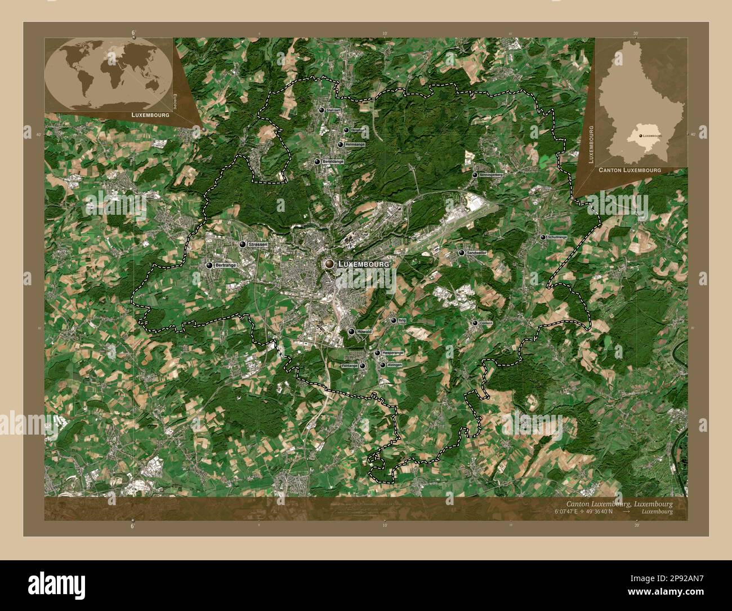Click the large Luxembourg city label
[x=364, y=264]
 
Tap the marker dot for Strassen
[x=243, y=245]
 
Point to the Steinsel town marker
[x=321, y=110]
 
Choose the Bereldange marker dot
[x=318, y=162]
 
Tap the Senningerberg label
[x=491, y=175]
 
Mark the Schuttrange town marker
[x=543, y=238]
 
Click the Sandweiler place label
[x=476, y=254]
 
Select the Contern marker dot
[x=475, y=323]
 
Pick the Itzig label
[x=402, y=320]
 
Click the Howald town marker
[x=351, y=332]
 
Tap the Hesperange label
[x=393, y=353]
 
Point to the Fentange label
[x=350, y=366]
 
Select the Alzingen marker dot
[x=383, y=365]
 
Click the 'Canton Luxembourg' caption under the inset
[x=629, y=170]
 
